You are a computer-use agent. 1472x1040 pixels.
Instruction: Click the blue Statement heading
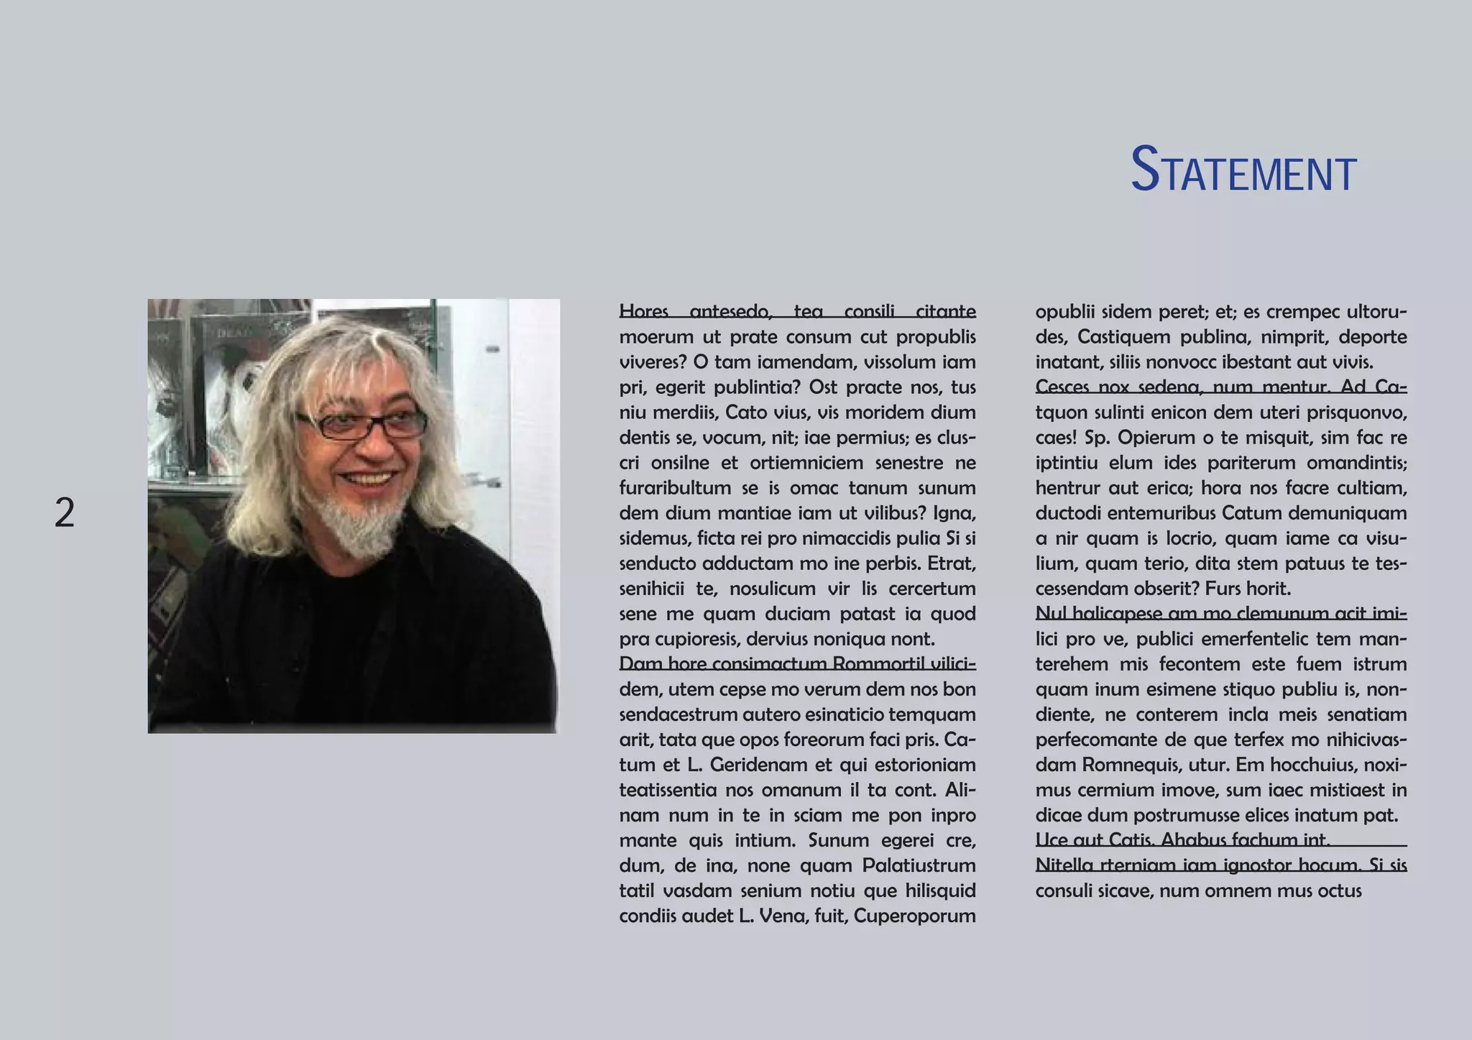point(1243,171)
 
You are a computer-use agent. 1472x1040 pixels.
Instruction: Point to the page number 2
point(65,513)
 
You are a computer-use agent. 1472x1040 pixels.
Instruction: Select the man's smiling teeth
point(370,479)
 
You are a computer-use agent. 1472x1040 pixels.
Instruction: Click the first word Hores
point(644,311)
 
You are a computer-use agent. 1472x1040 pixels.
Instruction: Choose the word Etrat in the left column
point(951,563)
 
